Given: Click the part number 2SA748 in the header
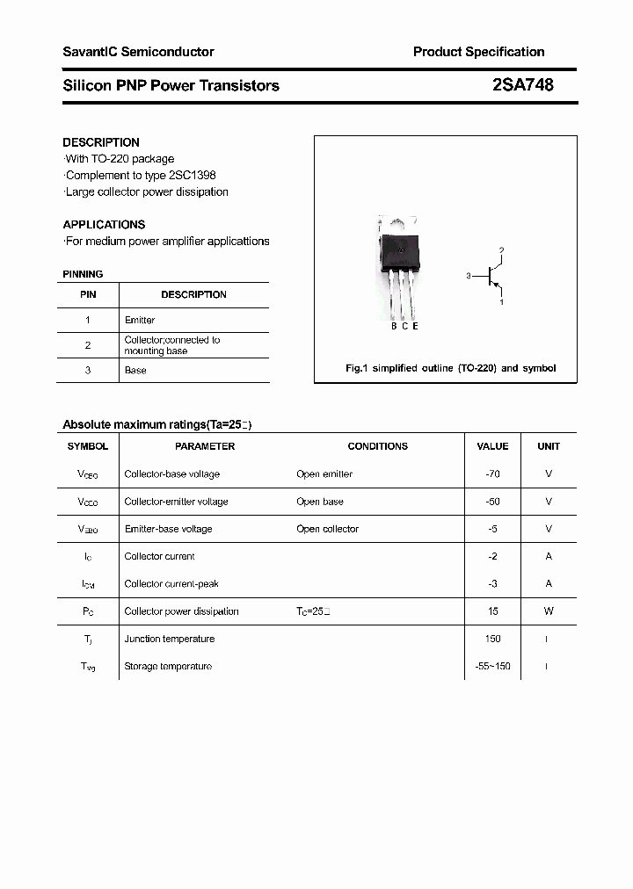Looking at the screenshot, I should [523, 85].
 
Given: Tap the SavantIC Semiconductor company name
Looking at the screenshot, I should [138, 52].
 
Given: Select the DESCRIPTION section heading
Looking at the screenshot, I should [101, 142].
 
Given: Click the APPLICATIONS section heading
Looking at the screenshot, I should [104, 224].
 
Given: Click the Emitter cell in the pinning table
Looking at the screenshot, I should [140, 321].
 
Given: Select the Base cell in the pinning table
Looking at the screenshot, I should [135, 371].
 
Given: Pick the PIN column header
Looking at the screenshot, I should [88, 295].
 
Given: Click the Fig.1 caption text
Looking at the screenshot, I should [450, 368].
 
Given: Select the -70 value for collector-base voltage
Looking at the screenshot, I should [492, 474].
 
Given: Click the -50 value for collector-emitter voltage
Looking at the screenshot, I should [492, 502].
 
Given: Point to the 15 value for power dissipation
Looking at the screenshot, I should [492, 611].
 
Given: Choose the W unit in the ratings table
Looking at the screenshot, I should [549, 611].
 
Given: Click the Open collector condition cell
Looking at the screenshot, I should [327, 529].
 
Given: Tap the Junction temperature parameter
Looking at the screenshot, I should [169, 639].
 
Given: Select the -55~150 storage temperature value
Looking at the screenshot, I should [492, 667].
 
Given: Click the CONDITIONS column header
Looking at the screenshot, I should [377, 446].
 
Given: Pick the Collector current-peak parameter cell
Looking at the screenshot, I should [171, 584].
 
